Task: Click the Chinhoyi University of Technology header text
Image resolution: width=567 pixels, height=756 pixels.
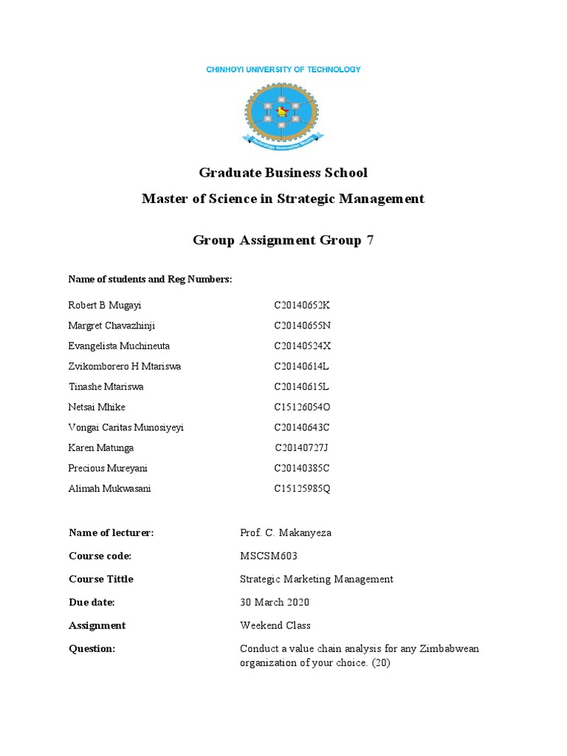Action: coord(283,69)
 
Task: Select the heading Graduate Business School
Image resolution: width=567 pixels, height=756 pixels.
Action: coord(283,173)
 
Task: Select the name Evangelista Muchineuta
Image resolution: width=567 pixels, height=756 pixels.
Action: coord(119,346)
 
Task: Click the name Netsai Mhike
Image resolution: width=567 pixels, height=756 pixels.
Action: coord(97,407)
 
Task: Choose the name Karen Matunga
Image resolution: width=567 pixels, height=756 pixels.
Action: coord(101,447)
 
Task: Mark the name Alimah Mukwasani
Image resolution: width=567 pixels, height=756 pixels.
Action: coord(109,489)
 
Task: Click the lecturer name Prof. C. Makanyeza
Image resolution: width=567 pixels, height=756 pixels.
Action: coord(286,533)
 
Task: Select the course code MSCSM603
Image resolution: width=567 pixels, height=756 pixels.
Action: coord(269,556)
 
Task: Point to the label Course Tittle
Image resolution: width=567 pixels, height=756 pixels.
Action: coord(101,579)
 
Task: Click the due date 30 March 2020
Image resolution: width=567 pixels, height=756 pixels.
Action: coord(275,602)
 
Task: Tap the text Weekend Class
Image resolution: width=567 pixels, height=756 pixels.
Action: coord(275,625)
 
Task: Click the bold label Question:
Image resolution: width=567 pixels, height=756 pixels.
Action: coord(92,648)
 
